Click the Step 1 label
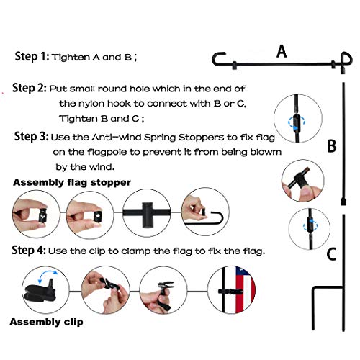click(x=32, y=57)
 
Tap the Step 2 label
click(x=30, y=88)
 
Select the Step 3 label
click(x=32, y=136)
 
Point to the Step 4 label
click(x=29, y=250)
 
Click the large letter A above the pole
click(x=282, y=52)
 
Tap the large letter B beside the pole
click(x=332, y=145)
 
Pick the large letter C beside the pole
click(x=331, y=254)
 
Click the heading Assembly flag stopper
click(x=72, y=182)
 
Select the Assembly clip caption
click(x=46, y=322)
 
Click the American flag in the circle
click(x=245, y=290)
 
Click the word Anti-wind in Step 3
click(x=117, y=138)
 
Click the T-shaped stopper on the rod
click(x=148, y=214)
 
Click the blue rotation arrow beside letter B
click(x=297, y=122)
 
